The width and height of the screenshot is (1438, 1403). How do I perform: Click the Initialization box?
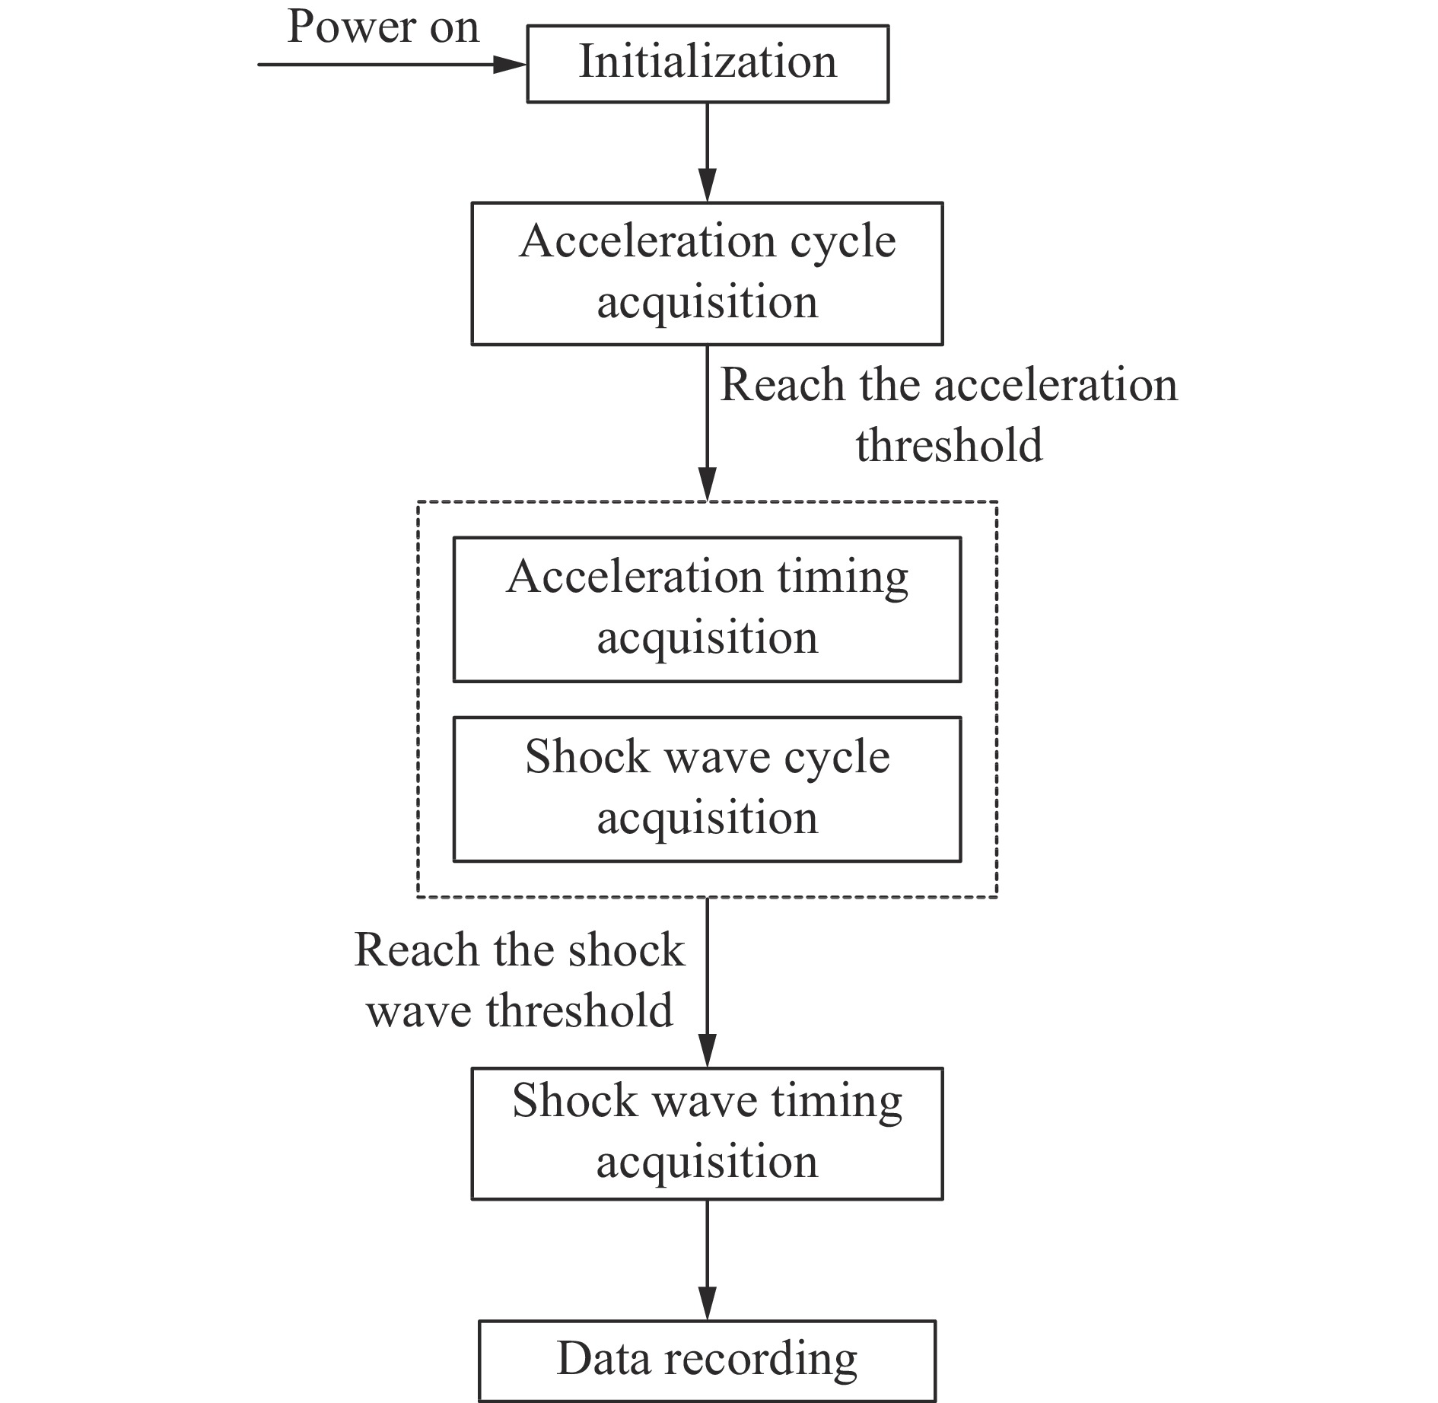tap(708, 64)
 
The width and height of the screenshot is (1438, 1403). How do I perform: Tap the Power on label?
tap(383, 27)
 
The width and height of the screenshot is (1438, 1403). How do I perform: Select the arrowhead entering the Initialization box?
tap(510, 65)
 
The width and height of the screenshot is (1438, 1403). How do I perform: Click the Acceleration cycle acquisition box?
tap(708, 274)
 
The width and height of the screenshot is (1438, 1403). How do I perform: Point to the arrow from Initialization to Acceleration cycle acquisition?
tap(708, 152)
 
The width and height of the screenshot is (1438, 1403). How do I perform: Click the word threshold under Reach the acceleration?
tap(949, 445)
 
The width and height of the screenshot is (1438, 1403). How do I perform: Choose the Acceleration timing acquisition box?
tap(708, 609)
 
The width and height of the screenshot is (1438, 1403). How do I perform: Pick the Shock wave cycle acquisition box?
tap(708, 789)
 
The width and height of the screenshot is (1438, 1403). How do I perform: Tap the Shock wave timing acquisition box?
tap(708, 1134)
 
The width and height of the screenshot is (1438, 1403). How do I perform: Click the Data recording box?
tap(708, 1361)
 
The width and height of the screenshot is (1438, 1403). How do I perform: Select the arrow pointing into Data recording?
tap(708, 1260)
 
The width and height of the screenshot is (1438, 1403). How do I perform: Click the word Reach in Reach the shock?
tap(418, 950)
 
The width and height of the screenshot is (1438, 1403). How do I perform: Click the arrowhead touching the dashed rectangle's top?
tap(708, 485)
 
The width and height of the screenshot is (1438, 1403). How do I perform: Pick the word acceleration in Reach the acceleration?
tap(1056, 384)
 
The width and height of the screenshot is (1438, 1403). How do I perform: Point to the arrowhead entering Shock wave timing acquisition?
tap(708, 1051)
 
